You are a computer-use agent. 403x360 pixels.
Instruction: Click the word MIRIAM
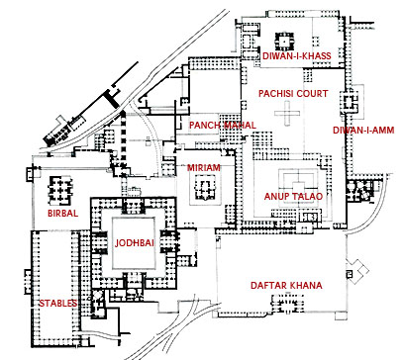[x=205, y=168]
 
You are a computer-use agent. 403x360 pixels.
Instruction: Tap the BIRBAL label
[x=62, y=213]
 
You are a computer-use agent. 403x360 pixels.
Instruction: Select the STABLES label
[x=55, y=303]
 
